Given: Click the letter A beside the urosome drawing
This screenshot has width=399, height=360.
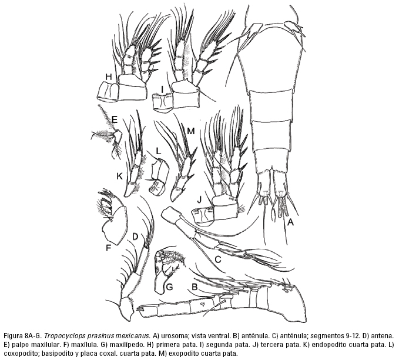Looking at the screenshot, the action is [x=290, y=222].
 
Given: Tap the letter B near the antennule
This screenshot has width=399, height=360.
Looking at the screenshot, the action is [x=195, y=287].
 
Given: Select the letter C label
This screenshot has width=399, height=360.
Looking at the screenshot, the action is [x=219, y=259].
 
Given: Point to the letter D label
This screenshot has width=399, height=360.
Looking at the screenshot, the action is [x=135, y=236].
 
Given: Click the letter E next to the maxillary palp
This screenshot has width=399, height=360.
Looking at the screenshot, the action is [x=115, y=119].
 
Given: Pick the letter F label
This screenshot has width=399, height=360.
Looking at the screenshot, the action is [x=109, y=248].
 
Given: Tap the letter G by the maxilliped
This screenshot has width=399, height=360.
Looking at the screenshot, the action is [x=169, y=287].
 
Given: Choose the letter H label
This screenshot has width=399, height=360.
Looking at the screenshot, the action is [x=109, y=76].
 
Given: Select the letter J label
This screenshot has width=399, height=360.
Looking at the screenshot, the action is [x=199, y=199].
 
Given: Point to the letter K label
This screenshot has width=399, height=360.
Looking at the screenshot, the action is [x=120, y=176].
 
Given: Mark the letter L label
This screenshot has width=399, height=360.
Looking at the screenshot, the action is [x=159, y=151].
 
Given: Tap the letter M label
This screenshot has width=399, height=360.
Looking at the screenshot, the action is [x=191, y=131].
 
